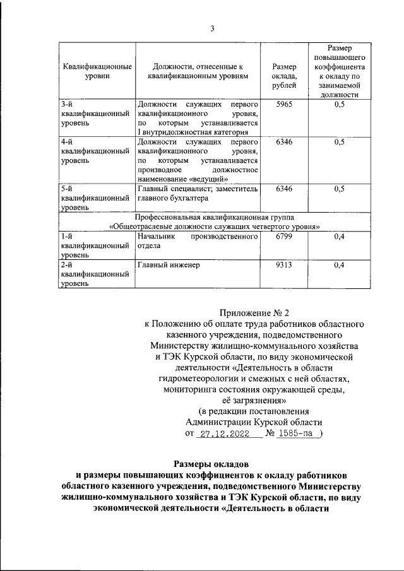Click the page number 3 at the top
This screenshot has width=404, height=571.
coord(212,28)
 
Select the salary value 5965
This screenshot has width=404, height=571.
coord(284,104)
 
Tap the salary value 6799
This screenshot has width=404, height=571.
coord(284,237)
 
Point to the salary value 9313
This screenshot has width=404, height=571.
coord(284,265)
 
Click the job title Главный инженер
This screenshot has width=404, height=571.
coord(169,265)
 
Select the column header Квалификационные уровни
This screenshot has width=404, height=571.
coord(97,71)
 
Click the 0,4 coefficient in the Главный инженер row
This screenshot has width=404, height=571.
coord(339,265)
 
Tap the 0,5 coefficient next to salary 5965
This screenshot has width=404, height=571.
coord(339,104)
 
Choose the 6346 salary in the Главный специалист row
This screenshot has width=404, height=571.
coord(284,189)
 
